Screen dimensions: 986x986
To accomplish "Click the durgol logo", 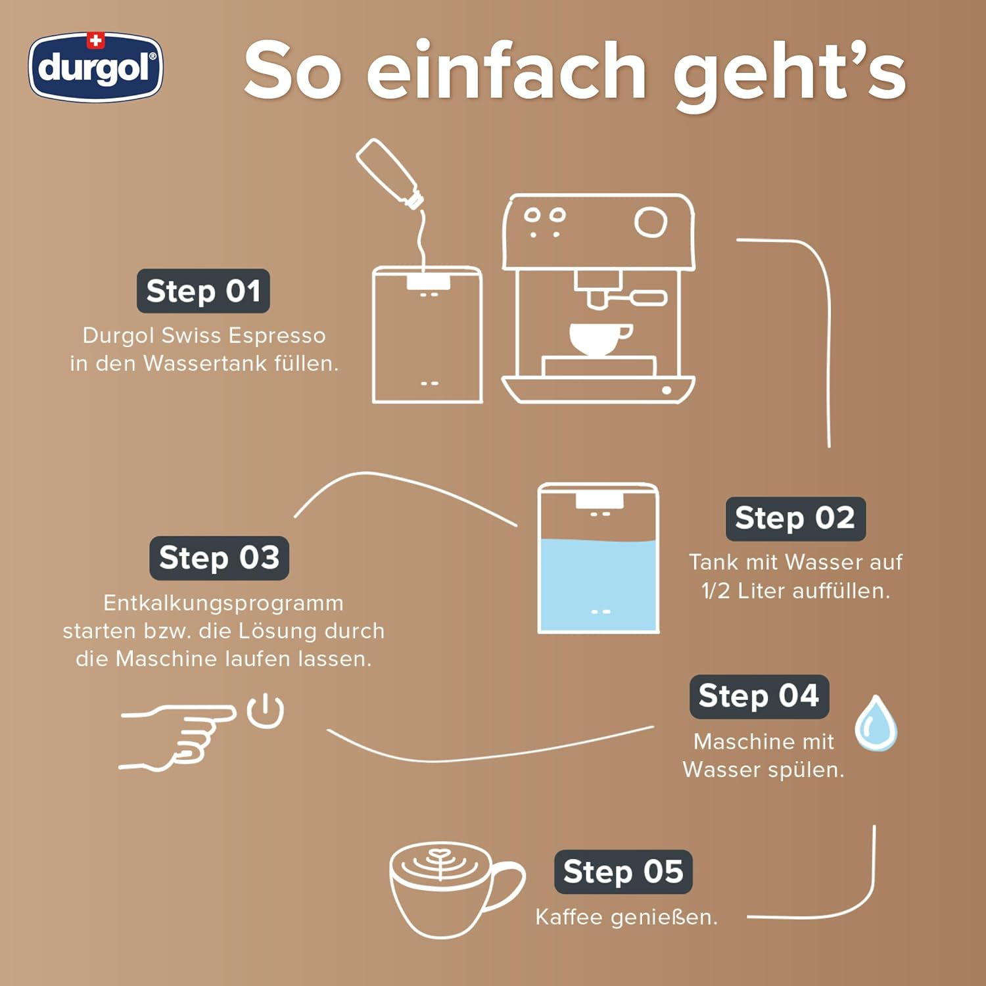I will point(95,68).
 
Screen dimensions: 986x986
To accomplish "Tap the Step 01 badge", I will point(203,291).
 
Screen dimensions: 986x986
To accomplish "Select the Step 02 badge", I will point(795,519).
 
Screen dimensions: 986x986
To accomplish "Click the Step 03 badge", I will point(219,558).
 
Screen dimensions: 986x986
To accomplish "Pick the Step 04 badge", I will point(759,696).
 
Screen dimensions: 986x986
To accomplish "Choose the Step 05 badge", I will point(622,872).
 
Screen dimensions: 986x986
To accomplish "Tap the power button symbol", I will point(266,711).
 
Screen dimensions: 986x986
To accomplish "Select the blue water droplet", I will point(876,724).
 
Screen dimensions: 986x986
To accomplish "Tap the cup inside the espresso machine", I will point(598,338).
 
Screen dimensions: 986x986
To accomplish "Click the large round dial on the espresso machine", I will point(651,222).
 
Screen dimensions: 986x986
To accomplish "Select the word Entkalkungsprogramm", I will point(223,603).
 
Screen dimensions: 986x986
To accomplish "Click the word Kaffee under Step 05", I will point(569,917).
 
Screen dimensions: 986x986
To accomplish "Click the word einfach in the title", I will point(506,71).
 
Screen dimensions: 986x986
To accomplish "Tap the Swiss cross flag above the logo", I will point(96,41).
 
